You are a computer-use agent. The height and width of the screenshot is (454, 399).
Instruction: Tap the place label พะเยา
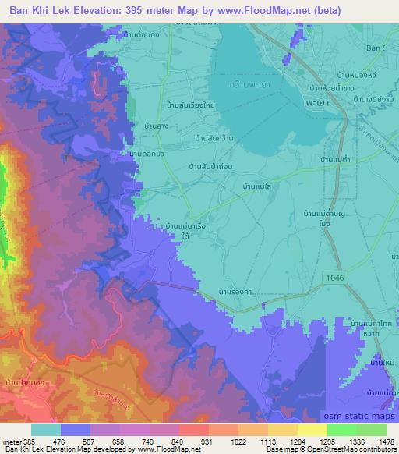point(316,103)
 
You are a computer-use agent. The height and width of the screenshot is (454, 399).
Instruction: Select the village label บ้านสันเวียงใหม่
point(190,104)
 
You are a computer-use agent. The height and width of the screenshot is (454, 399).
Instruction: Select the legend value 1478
point(378,442)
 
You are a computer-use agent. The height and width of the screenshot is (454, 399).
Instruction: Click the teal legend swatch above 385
point(45,429)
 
